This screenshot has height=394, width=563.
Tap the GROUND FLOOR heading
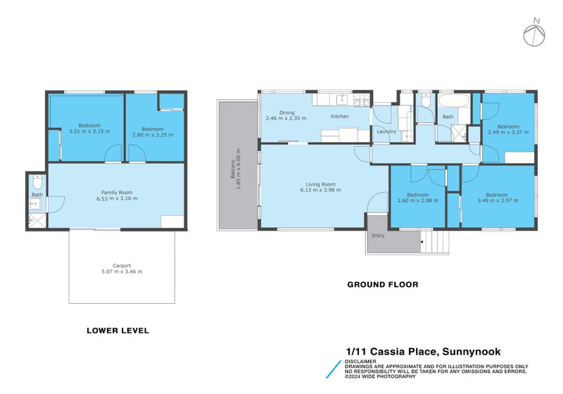pyautogui.click(x=383, y=285)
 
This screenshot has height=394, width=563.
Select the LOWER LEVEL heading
pyautogui.click(x=118, y=330)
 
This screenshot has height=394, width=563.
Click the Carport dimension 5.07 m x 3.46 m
pyautogui.click(x=123, y=272)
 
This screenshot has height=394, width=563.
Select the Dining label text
pyautogui.click(x=286, y=113)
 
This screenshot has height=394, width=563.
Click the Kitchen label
pyautogui.click(x=340, y=116)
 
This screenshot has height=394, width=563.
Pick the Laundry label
pyautogui.click(x=386, y=132)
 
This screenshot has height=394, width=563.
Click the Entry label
pyautogui.click(x=378, y=236)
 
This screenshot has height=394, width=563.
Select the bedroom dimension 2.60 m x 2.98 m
pyautogui.click(x=418, y=201)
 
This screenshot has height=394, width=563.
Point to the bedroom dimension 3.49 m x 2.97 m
pyautogui.click(x=498, y=201)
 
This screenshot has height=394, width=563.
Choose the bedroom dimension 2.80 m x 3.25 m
pyautogui.click(x=152, y=134)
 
